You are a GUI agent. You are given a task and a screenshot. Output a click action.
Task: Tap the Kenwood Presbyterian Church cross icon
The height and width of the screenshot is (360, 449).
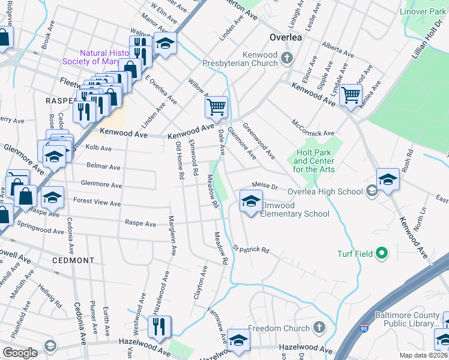287,58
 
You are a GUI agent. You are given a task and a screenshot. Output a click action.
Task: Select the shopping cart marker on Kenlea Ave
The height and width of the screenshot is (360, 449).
351,95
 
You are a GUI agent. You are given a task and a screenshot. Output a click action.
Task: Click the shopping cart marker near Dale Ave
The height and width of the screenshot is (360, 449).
216,107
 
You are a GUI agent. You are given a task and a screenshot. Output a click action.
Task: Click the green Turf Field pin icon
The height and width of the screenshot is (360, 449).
381,254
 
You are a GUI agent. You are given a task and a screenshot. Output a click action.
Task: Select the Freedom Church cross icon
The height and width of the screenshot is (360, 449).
320,328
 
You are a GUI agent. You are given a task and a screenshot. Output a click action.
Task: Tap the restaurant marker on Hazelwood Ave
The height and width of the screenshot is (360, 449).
159,326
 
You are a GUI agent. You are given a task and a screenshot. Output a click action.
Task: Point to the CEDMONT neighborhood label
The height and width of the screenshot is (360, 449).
73,260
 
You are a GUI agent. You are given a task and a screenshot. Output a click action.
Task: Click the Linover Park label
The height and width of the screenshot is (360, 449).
424,12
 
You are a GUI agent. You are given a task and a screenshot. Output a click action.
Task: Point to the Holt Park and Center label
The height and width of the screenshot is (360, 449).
314,161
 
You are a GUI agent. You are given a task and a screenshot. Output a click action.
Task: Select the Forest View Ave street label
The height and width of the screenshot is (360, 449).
97,202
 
